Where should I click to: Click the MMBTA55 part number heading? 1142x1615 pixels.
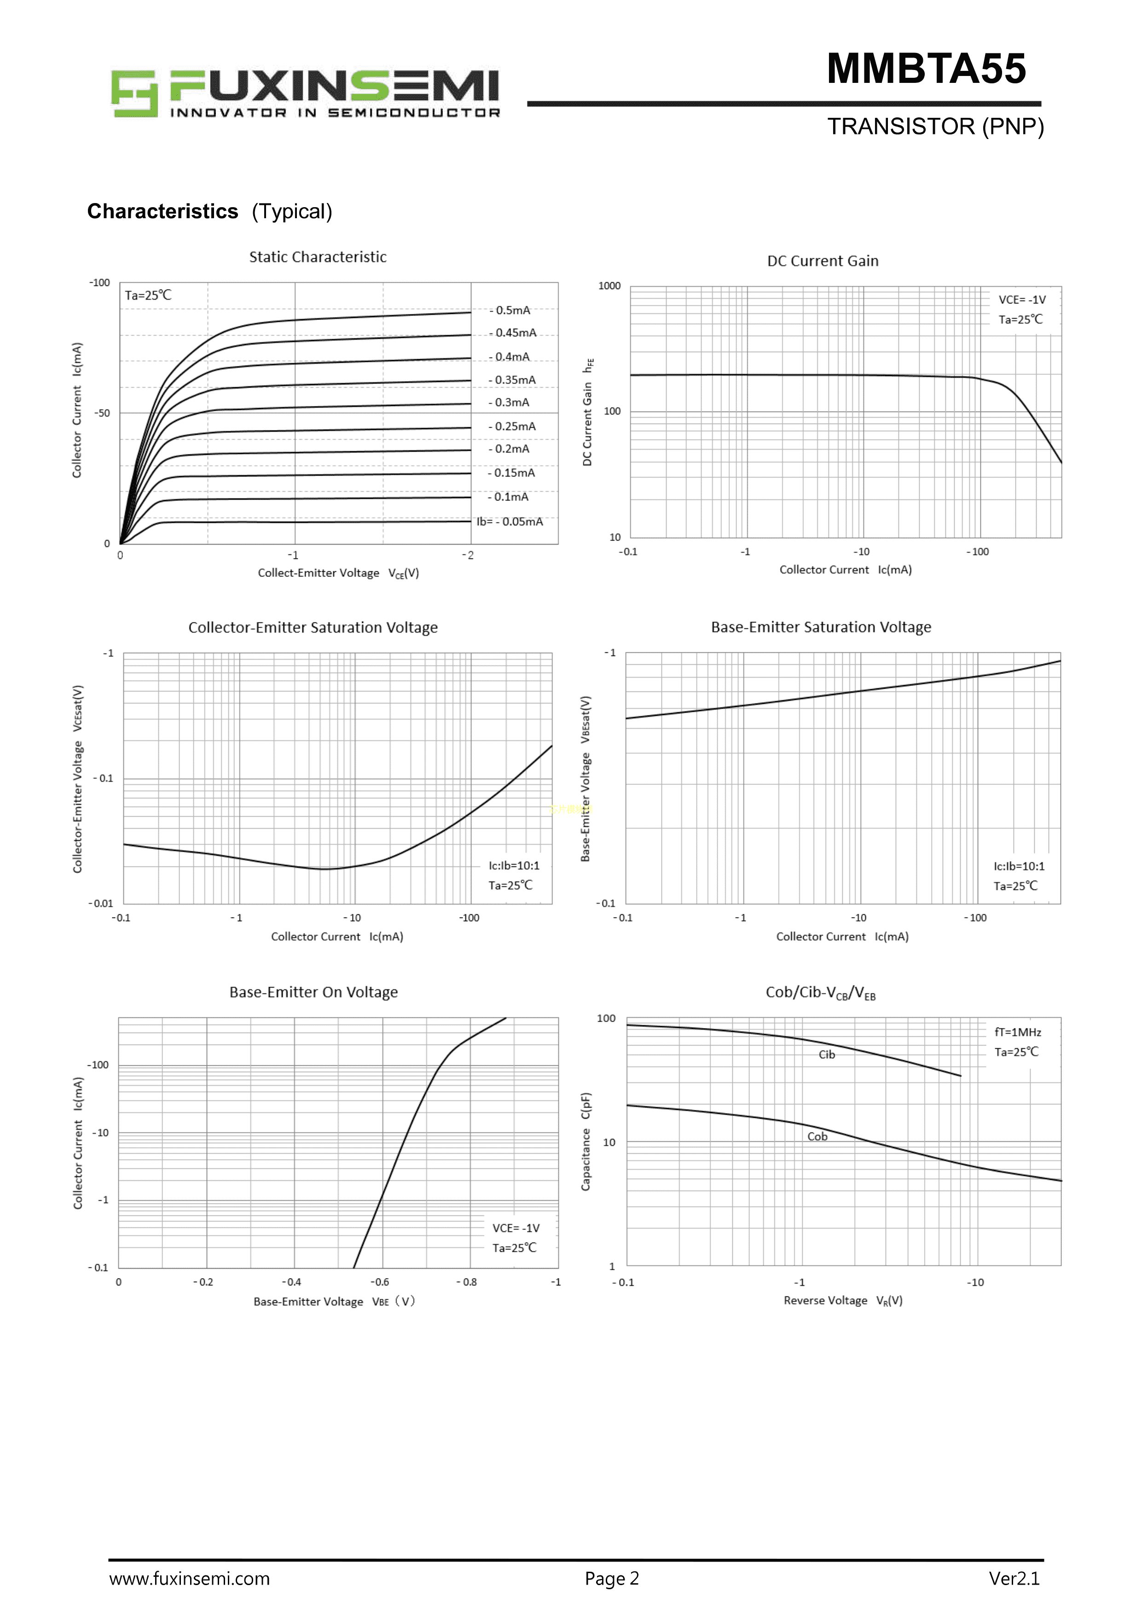click(x=926, y=69)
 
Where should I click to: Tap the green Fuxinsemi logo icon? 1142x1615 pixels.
click(x=133, y=93)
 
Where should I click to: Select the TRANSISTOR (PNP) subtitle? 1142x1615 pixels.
click(x=935, y=127)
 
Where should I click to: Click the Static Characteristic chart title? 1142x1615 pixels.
click(x=318, y=257)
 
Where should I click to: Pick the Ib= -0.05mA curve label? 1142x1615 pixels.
click(x=510, y=522)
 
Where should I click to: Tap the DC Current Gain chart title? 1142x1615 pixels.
click(x=823, y=261)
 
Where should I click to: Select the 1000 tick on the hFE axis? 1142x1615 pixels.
click(x=609, y=285)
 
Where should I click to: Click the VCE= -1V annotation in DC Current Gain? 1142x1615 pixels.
click(x=1022, y=300)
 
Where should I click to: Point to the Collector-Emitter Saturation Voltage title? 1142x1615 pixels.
click(x=313, y=627)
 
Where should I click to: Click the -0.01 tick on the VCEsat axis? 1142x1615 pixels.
click(x=100, y=904)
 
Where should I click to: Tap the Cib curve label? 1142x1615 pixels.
click(x=827, y=1054)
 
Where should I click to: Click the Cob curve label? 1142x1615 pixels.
click(x=817, y=1137)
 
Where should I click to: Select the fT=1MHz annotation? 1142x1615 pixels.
click(x=1018, y=1032)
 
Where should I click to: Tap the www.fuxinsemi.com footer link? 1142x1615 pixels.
click(x=189, y=1579)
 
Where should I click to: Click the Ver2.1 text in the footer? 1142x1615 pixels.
click(x=1014, y=1579)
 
